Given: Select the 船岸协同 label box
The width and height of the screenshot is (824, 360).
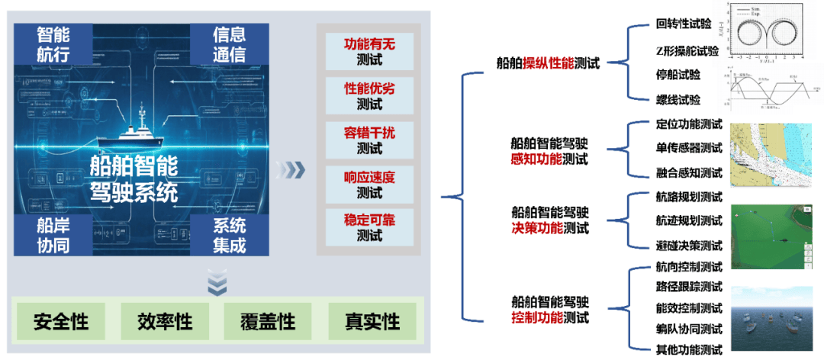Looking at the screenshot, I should point(53,235).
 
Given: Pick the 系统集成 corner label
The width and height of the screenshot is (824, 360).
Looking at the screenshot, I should point(229,235).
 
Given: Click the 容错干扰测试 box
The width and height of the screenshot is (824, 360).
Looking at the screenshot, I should point(369,140).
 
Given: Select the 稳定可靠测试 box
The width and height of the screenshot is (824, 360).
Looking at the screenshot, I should point(369,228).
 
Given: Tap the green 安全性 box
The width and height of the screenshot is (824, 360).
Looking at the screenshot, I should point(61,321).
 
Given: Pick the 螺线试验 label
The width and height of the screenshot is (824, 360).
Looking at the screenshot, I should point(678,100).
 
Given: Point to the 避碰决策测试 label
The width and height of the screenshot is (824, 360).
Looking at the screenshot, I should point(689,246).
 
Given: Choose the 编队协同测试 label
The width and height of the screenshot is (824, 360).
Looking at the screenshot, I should point(689,329).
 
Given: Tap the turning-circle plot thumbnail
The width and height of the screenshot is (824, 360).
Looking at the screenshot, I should point(768,32).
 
